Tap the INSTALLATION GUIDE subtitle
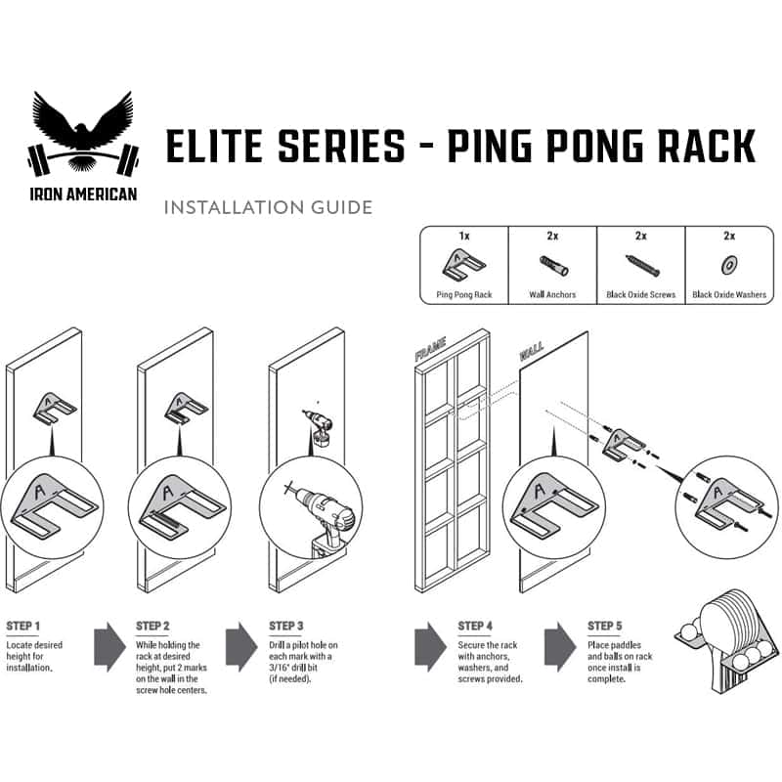click(268, 207)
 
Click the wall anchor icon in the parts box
click(553, 265)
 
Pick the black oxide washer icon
click(729, 264)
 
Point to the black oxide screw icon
click(642, 265)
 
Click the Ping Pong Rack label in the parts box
click(464, 295)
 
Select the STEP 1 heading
click(22, 626)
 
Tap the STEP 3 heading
click(285, 626)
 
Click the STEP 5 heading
click(604, 626)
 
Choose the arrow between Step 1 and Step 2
click(109, 647)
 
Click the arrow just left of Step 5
click(560, 647)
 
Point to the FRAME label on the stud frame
click(430, 349)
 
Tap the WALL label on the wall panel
click(532, 352)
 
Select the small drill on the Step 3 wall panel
click(317, 427)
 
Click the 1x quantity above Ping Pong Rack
click(464, 236)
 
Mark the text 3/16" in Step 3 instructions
click(280, 668)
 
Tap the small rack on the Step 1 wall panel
click(55, 409)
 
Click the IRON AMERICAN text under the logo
click(83, 194)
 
